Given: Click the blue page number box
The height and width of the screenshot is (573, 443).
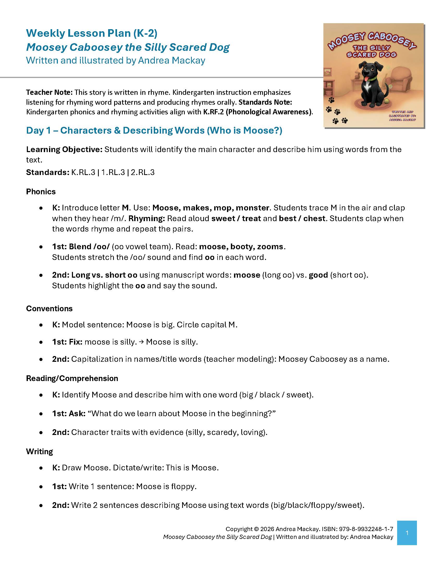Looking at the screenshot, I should (x=407, y=533).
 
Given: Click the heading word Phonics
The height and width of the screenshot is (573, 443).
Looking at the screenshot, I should (x=41, y=192).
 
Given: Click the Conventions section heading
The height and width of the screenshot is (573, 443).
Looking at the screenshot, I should (x=49, y=309).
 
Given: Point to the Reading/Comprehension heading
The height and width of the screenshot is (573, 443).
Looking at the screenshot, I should (x=72, y=378).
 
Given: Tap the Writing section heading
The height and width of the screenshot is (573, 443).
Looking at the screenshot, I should (x=39, y=452).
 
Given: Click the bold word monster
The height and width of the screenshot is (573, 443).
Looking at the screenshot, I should (x=253, y=208).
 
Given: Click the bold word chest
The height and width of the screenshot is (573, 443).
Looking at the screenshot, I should (x=314, y=219).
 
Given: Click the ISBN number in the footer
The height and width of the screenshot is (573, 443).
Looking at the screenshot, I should (x=366, y=529).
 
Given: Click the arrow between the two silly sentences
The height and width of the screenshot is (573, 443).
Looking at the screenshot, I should (x=141, y=342).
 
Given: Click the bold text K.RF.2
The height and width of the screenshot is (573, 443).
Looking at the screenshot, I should (x=213, y=112).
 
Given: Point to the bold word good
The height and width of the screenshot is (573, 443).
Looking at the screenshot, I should (x=318, y=275).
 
